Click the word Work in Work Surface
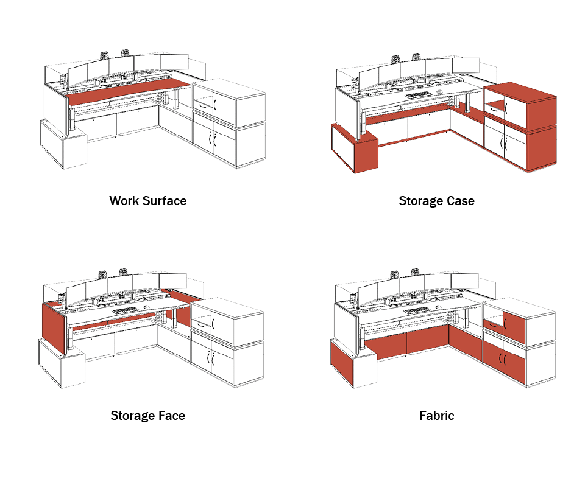coord(124,201)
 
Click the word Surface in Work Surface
coord(165,201)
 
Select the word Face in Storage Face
coord(172,416)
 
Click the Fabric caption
coord(437,416)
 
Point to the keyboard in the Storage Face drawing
coord(125,310)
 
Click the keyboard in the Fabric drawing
coord(416,310)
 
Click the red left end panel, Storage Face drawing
coord(54,328)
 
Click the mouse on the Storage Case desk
coord(440,92)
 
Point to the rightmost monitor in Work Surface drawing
coord(175,62)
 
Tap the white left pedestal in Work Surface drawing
coord(63,145)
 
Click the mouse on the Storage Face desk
coord(147,307)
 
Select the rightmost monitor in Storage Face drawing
coord(172,281)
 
